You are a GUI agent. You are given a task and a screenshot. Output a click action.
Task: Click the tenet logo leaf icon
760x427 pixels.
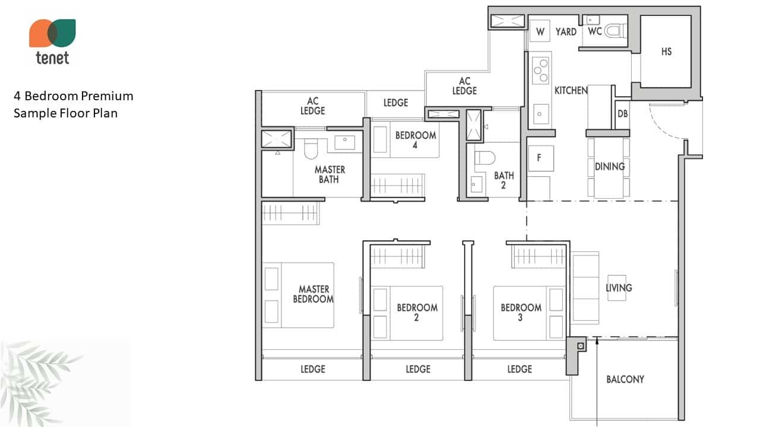click(52, 33)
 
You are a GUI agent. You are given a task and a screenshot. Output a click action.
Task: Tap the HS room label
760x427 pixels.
click(666, 52)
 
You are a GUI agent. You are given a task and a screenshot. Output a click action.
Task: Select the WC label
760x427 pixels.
click(595, 31)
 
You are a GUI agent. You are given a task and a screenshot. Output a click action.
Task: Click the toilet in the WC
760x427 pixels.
click(615, 31)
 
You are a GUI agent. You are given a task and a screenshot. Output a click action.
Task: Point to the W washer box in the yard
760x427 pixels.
click(540, 31)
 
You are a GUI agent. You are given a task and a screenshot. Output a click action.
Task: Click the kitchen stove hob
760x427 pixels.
click(540, 71)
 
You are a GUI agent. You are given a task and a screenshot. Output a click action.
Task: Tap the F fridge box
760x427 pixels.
click(541, 158)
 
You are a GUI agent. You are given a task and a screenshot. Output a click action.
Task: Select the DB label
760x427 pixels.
click(623, 114)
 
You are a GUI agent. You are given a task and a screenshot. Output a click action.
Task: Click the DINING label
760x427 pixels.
click(610, 167)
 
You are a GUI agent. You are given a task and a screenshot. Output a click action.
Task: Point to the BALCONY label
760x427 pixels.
click(625, 379)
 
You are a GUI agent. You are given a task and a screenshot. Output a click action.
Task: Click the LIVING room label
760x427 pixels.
click(619, 288)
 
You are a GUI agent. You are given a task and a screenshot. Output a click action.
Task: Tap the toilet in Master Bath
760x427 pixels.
click(311, 148)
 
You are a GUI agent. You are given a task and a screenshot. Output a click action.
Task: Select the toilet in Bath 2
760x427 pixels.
click(484, 158)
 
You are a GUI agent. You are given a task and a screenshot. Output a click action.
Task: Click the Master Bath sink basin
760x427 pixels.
click(345, 143)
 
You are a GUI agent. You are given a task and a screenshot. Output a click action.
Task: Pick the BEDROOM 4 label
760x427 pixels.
click(416, 140)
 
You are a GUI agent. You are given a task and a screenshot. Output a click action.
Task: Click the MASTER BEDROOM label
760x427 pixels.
click(313, 294)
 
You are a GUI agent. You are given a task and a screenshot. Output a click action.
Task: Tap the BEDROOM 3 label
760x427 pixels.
click(521, 312)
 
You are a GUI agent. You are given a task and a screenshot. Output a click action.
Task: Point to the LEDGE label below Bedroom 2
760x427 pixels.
click(418, 369)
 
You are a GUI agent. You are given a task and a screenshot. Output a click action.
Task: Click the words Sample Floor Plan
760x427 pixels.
click(65, 113)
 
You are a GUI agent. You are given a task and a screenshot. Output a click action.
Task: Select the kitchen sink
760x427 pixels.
click(540, 114)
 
